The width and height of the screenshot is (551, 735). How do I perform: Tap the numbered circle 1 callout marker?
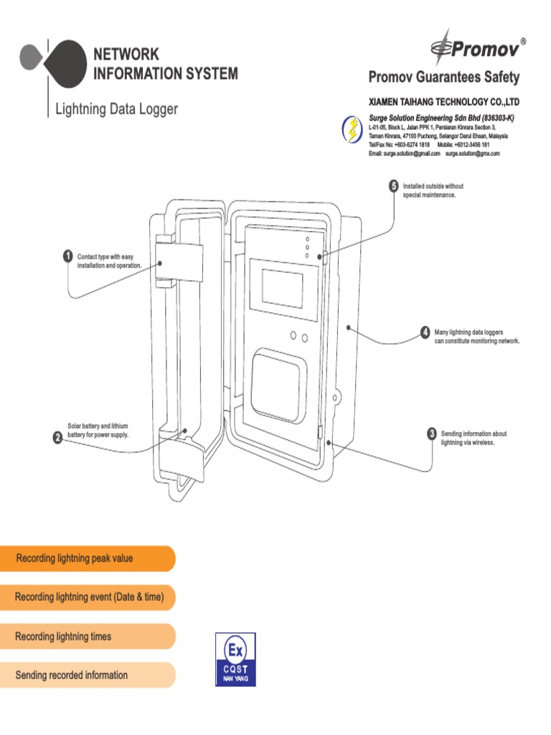(x=67, y=256)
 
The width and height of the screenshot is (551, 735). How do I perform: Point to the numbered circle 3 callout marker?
(x=431, y=434)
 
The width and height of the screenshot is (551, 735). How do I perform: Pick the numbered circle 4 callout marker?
(x=425, y=332)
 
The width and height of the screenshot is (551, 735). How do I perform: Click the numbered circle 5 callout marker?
(x=393, y=186)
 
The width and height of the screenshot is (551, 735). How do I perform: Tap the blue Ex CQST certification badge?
(x=235, y=659)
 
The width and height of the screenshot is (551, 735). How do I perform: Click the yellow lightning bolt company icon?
(x=352, y=129)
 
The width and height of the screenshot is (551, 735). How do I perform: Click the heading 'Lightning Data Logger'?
(x=116, y=110)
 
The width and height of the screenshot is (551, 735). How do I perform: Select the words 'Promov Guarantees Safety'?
(x=443, y=77)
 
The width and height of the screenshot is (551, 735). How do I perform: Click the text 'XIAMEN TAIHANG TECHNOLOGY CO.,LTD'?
(x=443, y=103)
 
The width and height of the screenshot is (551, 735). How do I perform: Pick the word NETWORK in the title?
(x=126, y=55)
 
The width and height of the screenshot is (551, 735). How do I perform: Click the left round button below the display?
(x=293, y=336)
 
